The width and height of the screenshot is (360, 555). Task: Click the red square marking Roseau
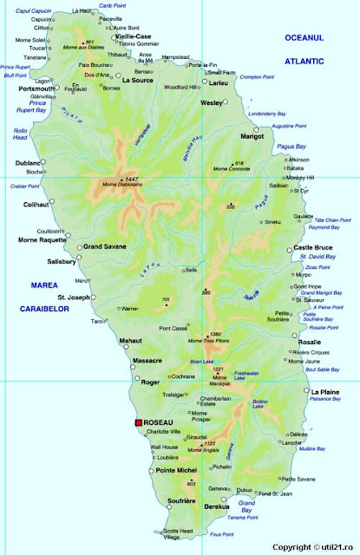click(137, 422)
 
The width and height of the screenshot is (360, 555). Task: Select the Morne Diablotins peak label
click(121, 185)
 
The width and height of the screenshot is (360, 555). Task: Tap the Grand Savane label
click(105, 246)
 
